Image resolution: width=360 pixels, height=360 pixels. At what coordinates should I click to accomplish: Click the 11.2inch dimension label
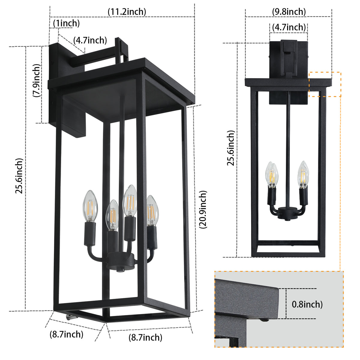tap(127, 12)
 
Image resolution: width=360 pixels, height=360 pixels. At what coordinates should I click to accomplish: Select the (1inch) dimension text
tap(66, 23)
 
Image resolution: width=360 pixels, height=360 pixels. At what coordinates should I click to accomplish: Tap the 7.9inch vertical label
tap(36, 80)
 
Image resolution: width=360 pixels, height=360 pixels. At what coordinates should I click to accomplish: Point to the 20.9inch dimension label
tap(203, 209)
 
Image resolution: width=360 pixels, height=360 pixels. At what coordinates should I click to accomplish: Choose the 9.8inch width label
tap(289, 12)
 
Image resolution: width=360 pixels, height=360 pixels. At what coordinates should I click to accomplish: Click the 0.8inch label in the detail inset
tap(307, 304)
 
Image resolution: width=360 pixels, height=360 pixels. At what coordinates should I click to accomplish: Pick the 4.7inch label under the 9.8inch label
tap(289, 27)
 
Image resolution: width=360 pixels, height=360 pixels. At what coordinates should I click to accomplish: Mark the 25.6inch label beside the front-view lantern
tap(230, 148)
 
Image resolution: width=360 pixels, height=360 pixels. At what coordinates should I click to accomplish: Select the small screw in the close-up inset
tap(264, 320)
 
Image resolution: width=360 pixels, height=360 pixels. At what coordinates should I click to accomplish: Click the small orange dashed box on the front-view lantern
tap(325, 84)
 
